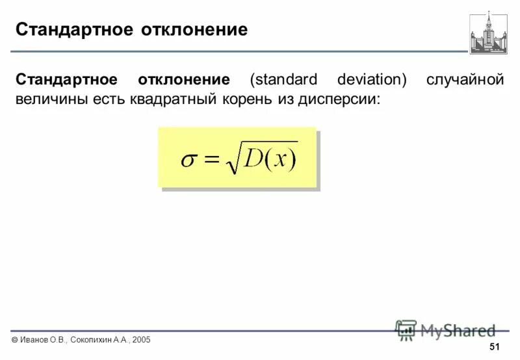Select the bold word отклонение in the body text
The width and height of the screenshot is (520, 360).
point(183,80)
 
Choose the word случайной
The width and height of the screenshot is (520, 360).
point(465,80)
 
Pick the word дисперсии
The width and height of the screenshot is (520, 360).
point(342,101)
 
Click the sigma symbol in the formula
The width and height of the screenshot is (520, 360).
point(188,161)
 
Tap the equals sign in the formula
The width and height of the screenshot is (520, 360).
point(213,161)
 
